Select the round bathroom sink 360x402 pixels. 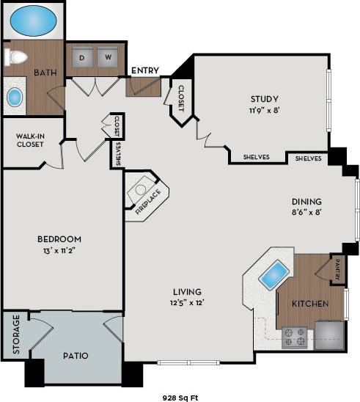point(15,97)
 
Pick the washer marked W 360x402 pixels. point(107,57)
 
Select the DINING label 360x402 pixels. point(306,201)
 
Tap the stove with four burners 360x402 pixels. point(295,336)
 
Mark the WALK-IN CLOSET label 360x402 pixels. point(31,140)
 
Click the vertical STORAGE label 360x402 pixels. point(15,336)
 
